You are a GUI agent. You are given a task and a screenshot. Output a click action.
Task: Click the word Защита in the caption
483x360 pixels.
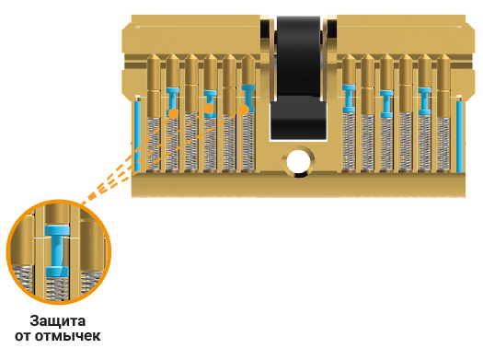tap(58, 321)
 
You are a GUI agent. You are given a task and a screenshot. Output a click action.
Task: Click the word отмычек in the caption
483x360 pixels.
tap(67, 336)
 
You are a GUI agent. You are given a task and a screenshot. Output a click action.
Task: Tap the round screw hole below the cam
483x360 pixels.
tap(298, 161)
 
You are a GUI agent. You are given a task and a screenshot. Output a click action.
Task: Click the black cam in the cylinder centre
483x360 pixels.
tap(298, 78)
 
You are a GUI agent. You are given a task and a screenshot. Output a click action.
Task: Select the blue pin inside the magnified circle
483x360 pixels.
tap(57, 250)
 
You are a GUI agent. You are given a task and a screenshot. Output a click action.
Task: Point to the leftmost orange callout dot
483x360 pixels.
tap(174, 113)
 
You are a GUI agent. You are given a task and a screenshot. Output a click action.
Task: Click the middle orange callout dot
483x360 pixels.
tap(209, 109)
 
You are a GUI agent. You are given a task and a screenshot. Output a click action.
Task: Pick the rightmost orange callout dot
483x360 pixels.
tap(244, 110)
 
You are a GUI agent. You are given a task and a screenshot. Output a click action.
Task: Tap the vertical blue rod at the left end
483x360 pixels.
tap(137, 136)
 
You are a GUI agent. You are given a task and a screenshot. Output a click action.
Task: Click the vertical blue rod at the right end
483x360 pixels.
tap(459, 136)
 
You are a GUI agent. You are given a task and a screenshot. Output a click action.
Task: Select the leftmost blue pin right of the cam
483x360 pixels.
tap(349, 99)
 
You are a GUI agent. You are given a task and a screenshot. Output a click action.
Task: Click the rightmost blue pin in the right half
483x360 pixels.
tap(424, 101)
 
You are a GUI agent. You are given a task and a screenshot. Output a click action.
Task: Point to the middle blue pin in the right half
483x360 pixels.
tap(386, 104)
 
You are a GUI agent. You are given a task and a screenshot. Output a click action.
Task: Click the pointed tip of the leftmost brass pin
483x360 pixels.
tap(154, 55)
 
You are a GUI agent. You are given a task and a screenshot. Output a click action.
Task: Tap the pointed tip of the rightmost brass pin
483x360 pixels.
tap(443, 55)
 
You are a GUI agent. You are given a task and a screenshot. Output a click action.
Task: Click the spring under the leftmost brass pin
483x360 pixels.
tap(154, 144)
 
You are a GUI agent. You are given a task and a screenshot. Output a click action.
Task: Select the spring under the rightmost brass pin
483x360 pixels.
tap(443, 144)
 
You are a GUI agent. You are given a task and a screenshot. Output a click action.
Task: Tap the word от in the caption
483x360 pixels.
tap(23, 336)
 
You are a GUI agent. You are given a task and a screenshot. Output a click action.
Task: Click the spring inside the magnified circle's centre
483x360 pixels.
tap(57, 288)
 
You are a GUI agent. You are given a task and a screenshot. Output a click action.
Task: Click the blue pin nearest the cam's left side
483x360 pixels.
tap(248, 98)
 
